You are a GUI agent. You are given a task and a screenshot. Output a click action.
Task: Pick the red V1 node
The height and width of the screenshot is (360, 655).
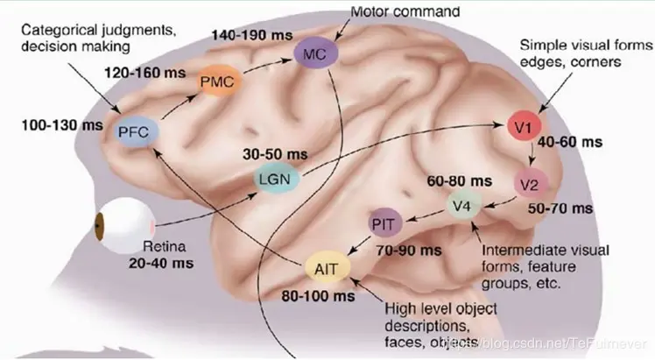pyautogui.click(x=524, y=128)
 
